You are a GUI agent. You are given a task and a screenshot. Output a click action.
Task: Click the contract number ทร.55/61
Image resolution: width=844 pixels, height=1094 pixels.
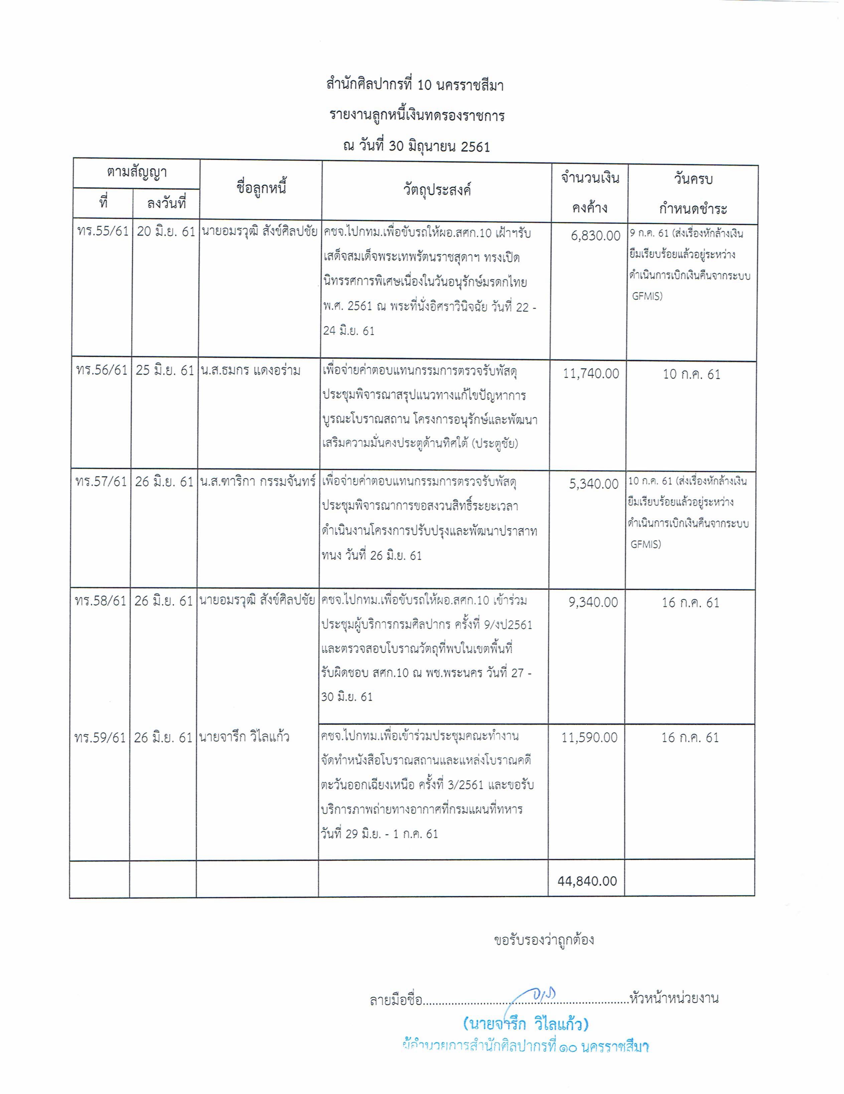coord(103,232)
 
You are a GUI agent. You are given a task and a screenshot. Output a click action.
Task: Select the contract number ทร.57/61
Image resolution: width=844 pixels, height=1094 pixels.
coord(101,482)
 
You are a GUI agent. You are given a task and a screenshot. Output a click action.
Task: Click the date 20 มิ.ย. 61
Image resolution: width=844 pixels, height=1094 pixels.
coord(166,232)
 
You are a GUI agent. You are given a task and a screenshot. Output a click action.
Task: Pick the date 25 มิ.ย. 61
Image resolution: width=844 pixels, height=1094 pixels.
coord(165,371)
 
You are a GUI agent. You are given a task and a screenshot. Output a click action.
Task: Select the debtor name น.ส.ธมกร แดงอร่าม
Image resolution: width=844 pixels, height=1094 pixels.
coord(250,371)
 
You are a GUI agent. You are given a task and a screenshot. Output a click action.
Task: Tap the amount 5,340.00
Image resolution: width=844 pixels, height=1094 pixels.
coord(594,484)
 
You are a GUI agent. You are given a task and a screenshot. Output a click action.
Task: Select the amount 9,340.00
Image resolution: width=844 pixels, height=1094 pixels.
coord(593,602)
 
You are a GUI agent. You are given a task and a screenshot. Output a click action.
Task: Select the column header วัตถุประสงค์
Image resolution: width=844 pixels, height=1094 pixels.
coord(437,190)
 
